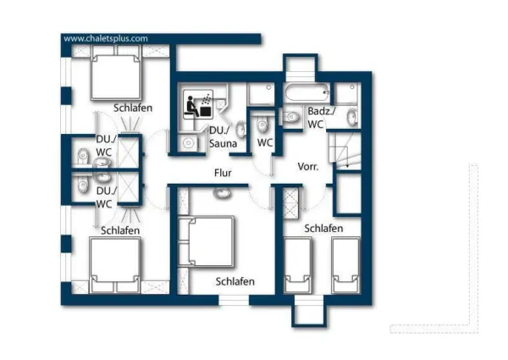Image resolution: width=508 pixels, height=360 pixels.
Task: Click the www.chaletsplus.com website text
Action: tap(106, 38)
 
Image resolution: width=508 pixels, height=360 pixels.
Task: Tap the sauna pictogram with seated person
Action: tap(200, 106)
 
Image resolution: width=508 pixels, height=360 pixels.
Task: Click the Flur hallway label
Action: tap(223, 173)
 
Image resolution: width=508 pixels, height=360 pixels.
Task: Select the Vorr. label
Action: tap(307, 167)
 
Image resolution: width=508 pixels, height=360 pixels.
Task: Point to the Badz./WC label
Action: tap(321, 118)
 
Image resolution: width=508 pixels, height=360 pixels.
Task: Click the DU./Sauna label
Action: tap(222, 137)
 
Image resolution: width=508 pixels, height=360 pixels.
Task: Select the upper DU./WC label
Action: tap(104, 145)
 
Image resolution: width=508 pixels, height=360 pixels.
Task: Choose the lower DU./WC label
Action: tap(104, 197)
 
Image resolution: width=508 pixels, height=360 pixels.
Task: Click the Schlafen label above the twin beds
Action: tap(323, 229)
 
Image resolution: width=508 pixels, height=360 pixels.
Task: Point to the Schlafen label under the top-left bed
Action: tap(133, 108)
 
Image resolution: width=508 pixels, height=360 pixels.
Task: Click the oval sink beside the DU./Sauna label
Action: tap(240, 129)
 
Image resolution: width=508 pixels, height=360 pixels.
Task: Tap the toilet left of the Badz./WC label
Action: tap(290, 119)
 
